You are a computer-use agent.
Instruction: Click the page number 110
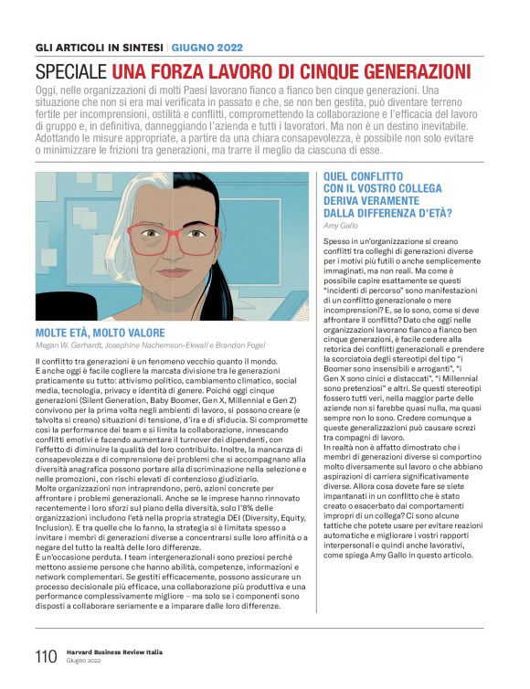[46, 655]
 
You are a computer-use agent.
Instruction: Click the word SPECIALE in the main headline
[72, 70]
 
